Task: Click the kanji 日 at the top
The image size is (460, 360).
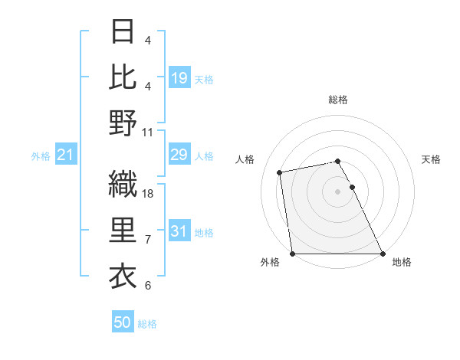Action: (123, 31)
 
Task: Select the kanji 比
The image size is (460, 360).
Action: (123, 76)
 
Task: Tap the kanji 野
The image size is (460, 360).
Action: (123, 122)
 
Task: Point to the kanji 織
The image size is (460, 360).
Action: (123, 185)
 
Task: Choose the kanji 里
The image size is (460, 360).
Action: (123, 231)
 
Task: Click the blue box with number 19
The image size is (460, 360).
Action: (179, 77)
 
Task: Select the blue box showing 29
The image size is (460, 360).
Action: (179, 155)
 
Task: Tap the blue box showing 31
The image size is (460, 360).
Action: (179, 231)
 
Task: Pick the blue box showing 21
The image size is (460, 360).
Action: (66, 155)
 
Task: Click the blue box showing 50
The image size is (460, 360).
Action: (123, 322)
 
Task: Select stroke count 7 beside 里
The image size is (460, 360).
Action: (148, 240)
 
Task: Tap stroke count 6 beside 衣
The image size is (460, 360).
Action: (148, 286)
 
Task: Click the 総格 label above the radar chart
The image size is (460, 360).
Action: (338, 100)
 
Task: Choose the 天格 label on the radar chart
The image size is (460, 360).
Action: (432, 159)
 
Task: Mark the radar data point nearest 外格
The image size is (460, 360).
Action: (292, 254)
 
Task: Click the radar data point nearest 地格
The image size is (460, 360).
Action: (383, 254)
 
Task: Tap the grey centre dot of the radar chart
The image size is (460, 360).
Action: (337, 191)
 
